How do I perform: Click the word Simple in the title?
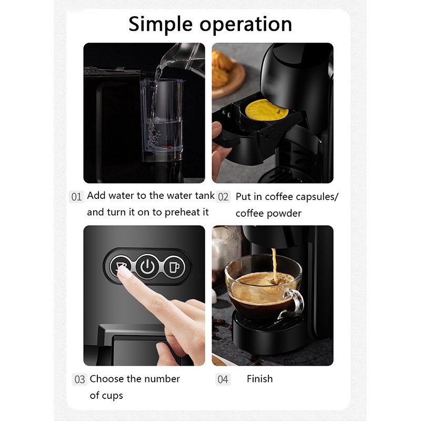[x=161, y=25]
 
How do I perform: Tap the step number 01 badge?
[x=76, y=197]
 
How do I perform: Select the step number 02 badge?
[x=223, y=197]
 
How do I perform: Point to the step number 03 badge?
[x=79, y=379]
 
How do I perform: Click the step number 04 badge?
[x=223, y=379]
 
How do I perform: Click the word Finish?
[x=259, y=379]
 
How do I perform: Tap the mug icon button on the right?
[x=175, y=267]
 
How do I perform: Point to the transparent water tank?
[x=162, y=120]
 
